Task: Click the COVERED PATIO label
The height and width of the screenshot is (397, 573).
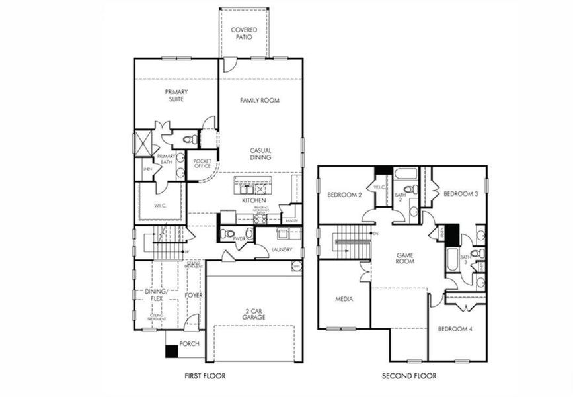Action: tap(244, 34)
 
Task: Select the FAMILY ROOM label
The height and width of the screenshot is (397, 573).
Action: tap(260, 101)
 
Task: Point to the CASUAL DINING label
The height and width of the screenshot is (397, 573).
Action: tap(260, 154)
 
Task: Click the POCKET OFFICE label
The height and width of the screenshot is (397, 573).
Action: tap(202, 163)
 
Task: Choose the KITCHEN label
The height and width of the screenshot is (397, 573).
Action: tap(254, 200)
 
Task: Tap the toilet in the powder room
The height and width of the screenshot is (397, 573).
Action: tap(227, 234)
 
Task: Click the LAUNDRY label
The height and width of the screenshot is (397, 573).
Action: tap(282, 249)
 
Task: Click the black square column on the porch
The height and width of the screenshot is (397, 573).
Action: tap(171, 351)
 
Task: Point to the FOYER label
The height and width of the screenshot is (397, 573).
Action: tap(193, 295)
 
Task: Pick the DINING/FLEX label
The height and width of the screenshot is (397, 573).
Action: tap(157, 294)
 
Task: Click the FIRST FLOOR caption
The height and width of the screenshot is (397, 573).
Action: tap(205, 376)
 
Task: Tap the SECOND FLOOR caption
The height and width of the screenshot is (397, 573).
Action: tap(409, 376)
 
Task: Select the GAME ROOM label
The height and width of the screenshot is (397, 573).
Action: tap(404, 258)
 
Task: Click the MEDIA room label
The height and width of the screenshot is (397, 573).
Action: tap(344, 299)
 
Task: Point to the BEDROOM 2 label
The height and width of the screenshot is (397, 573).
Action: tap(344, 195)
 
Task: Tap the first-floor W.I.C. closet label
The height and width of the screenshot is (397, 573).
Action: tap(161, 205)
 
